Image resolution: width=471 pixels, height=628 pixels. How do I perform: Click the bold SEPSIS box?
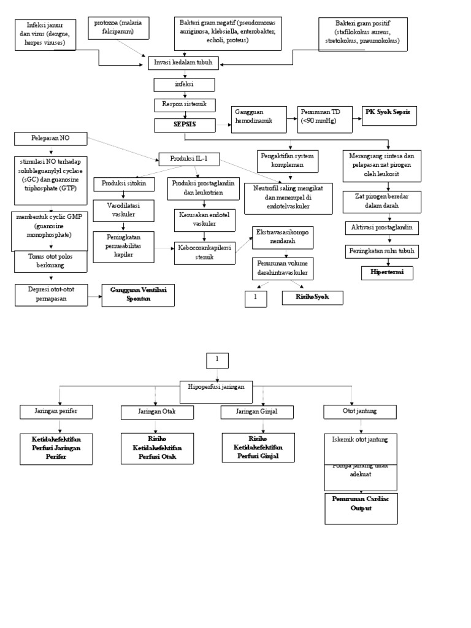pos(185,125)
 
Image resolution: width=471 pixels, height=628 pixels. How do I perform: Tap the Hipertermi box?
pos(386,272)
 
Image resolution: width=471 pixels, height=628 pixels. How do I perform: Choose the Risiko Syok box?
pos(312,298)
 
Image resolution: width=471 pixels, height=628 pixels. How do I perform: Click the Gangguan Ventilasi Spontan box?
pos(138,294)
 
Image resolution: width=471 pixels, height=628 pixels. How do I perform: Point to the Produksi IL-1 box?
pos(188,159)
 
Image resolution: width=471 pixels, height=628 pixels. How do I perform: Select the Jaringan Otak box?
pos(157,412)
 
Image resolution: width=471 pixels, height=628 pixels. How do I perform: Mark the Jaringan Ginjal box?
pos(257,412)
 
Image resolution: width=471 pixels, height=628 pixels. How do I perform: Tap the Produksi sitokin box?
pos(123,184)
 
